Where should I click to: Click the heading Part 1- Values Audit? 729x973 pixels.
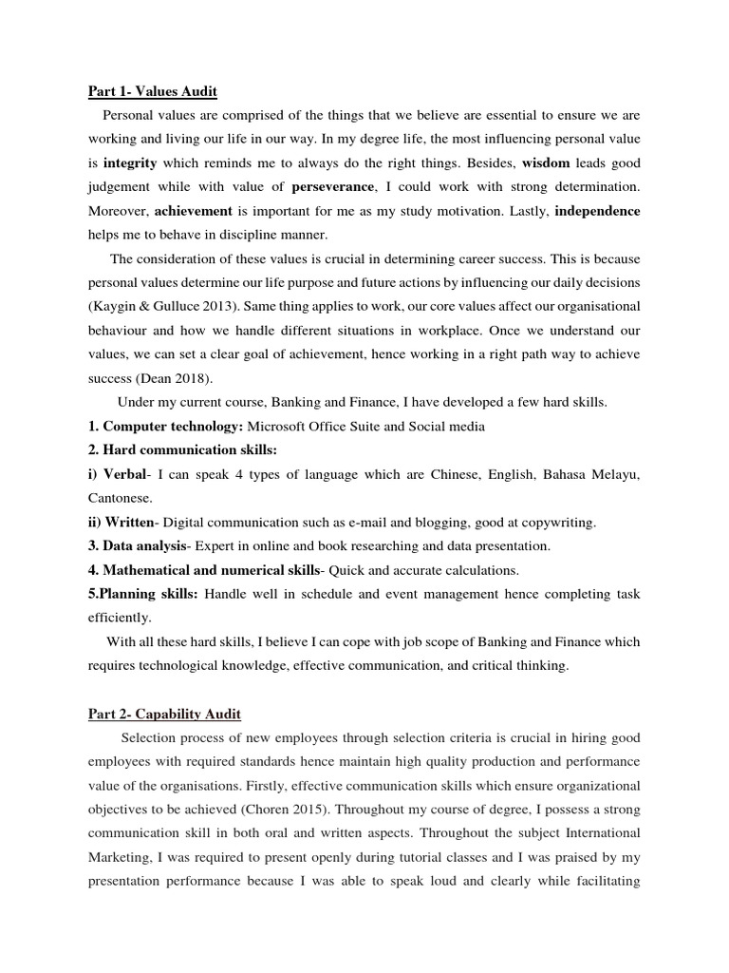pos(153,92)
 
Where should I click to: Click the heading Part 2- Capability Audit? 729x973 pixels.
pos(164,714)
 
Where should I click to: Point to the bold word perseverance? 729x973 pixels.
pos(333,186)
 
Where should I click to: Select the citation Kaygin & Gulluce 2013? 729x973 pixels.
pos(155,306)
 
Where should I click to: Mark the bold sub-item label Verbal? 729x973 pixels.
pos(124,474)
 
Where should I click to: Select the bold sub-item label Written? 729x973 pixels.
pos(127,522)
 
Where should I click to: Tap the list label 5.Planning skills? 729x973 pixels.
pos(142,593)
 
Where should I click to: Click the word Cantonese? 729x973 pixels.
pos(121,498)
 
